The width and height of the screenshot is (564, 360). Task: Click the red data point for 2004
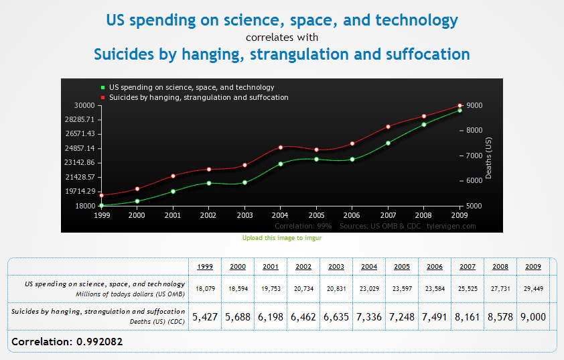click(x=281, y=147)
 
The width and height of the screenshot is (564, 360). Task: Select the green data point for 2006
click(x=352, y=160)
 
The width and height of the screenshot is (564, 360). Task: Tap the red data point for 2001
click(x=173, y=176)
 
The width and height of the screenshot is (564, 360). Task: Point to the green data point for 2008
click(x=424, y=124)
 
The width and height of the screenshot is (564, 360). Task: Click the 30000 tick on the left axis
click(x=84, y=105)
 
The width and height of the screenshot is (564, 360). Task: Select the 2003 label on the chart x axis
click(x=244, y=216)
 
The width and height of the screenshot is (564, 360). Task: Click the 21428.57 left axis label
click(x=80, y=177)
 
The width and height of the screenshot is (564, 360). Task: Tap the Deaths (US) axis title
click(x=488, y=158)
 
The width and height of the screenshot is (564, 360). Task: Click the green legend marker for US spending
click(x=102, y=87)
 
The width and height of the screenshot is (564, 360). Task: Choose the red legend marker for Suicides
click(x=102, y=97)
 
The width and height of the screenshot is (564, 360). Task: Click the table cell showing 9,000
click(x=533, y=316)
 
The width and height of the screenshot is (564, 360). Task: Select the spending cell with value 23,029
click(x=369, y=288)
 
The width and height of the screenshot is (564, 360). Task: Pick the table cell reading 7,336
click(x=369, y=316)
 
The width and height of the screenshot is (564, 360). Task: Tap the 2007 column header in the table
click(x=468, y=267)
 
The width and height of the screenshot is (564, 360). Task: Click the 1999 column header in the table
click(x=206, y=267)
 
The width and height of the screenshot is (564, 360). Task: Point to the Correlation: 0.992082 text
click(x=67, y=341)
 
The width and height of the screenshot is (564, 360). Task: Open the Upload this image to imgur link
click(x=282, y=238)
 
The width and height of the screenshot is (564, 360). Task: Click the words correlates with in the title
click(x=282, y=37)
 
